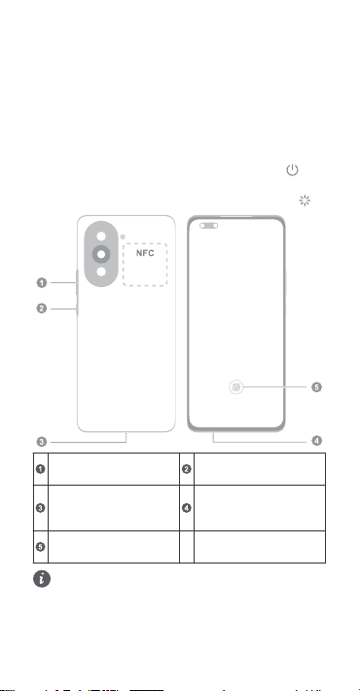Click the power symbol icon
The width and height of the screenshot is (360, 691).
[292, 169]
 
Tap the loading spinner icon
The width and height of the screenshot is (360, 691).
[305, 200]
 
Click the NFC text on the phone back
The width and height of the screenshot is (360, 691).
[145, 253]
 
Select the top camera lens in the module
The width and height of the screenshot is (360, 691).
[101, 236]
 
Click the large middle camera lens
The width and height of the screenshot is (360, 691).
[101, 254]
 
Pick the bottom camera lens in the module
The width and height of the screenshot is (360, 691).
[101, 272]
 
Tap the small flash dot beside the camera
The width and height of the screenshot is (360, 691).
[123, 236]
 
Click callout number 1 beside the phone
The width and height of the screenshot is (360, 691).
[42, 282]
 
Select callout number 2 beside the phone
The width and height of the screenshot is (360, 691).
[42, 309]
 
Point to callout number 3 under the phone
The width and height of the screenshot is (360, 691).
[42, 442]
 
